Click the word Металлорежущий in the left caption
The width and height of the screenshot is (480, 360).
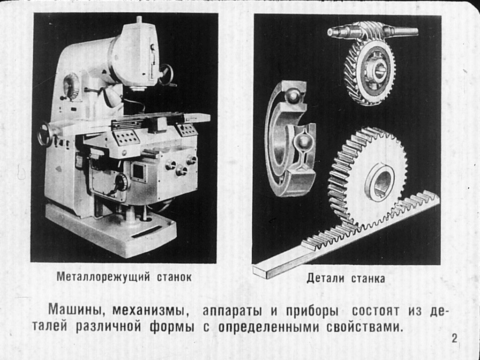tap(103, 277)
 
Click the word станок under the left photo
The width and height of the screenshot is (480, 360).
tap(174, 277)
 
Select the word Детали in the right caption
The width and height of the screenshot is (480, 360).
tap(326, 278)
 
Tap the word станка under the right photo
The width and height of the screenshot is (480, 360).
tap(368, 279)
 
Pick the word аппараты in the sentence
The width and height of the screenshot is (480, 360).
tap(232, 311)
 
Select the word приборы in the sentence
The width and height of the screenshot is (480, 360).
tap(312, 311)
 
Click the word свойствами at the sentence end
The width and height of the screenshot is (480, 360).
tap(364, 327)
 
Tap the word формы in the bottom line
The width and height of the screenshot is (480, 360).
tap(172, 327)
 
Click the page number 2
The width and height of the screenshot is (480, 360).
tap(454, 338)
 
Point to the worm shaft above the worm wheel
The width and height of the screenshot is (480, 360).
tap(373, 31)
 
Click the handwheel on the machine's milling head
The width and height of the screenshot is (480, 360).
tap(165, 75)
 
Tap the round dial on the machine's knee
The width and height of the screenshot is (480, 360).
tap(121, 182)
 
